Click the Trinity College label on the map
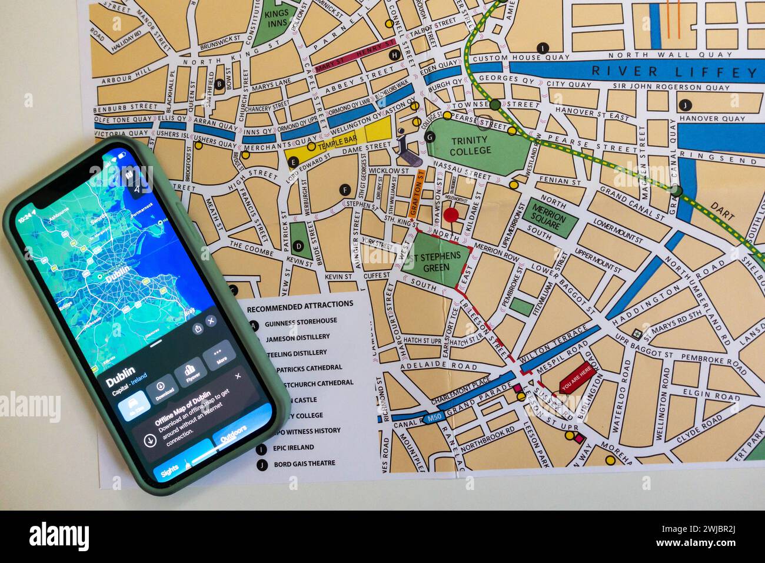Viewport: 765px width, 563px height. tap(470, 145)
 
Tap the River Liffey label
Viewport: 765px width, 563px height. tap(674, 72)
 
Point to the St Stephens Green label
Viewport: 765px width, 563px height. tap(438, 261)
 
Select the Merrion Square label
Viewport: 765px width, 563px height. tap(548, 217)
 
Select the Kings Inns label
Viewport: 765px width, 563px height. tap(275, 18)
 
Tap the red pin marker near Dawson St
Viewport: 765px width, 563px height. tap(451, 215)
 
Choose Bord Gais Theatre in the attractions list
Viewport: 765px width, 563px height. tap(304, 464)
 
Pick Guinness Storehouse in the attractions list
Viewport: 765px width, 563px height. tap(301, 322)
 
